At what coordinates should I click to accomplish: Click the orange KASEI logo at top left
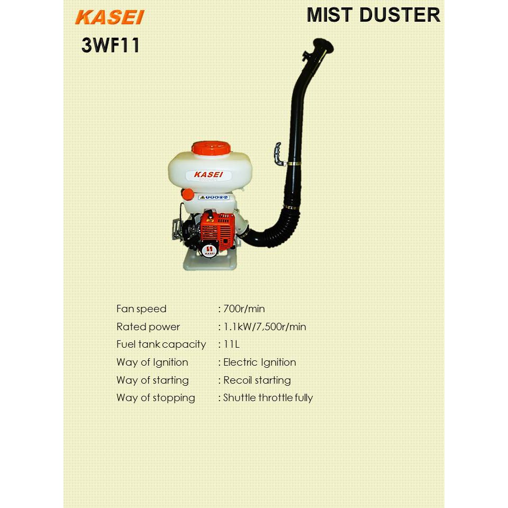[x=110, y=17]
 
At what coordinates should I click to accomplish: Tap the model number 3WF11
[x=111, y=46]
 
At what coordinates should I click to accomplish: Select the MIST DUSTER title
[x=373, y=15]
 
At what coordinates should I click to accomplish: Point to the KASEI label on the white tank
[x=208, y=174]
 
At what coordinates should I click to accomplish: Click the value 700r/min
[x=244, y=309]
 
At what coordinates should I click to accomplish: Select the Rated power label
[x=148, y=327]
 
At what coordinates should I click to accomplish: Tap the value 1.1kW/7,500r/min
[x=265, y=327]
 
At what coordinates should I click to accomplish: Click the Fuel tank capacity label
[x=161, y=344]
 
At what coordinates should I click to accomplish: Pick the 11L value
[x=231, y=344]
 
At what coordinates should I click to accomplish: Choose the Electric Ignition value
[x=259, y=362]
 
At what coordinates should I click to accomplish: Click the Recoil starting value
[x=257, y=380]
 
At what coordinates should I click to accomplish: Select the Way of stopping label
[x=156, y=398]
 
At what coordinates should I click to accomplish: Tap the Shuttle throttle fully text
[x=268, y=398]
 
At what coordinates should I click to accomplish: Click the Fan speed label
[x=141, y=309]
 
